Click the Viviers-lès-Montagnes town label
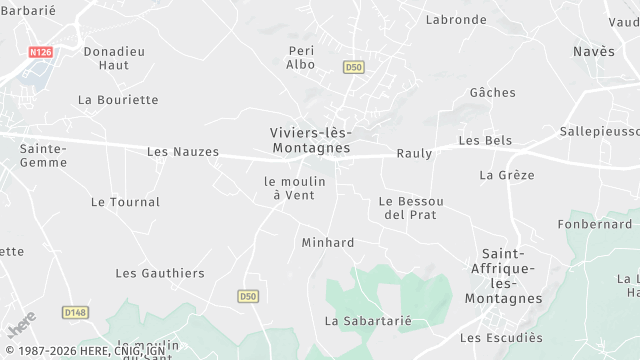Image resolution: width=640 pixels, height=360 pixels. click(310, 140)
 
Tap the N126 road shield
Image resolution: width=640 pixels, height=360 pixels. click(40, 52)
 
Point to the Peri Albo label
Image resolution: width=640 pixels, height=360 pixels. click(301, 57)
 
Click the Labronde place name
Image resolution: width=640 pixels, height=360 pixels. click(456, 20)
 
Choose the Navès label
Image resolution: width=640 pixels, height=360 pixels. click(594, 51)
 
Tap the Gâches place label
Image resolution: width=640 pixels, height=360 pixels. click(492, 93)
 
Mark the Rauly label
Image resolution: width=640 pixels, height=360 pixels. click(414, 153)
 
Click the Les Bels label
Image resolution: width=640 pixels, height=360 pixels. click(485, 141)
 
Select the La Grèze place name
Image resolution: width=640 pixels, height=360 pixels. click(507, 175)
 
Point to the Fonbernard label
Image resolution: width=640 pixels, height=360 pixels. click(595, 224)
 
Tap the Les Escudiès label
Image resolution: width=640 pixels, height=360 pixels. click(500, 338)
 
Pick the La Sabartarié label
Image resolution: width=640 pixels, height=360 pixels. click(368, 321)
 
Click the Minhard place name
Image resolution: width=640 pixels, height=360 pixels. click(328, 243)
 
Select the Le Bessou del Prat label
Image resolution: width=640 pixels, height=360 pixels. click(411, 208)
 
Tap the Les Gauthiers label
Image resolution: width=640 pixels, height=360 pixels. click(160, 273)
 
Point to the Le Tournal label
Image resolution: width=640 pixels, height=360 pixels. click(125, 202)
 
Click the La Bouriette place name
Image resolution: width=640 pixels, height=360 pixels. click(118, 100)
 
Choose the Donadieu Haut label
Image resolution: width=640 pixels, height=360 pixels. click(114, 57)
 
